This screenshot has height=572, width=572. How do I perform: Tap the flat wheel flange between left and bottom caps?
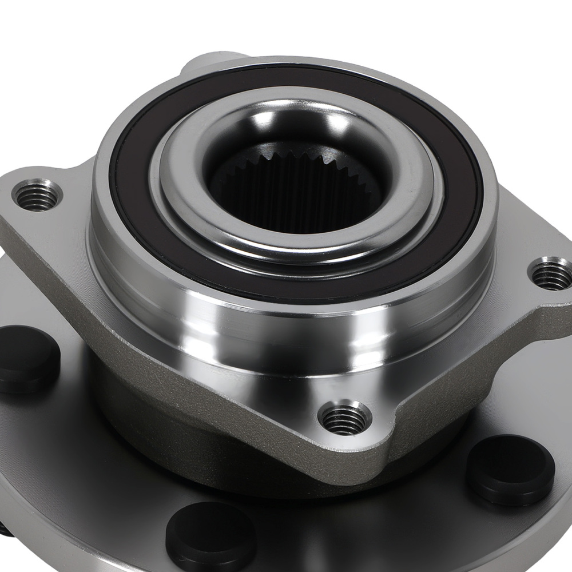pos(97,458)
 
